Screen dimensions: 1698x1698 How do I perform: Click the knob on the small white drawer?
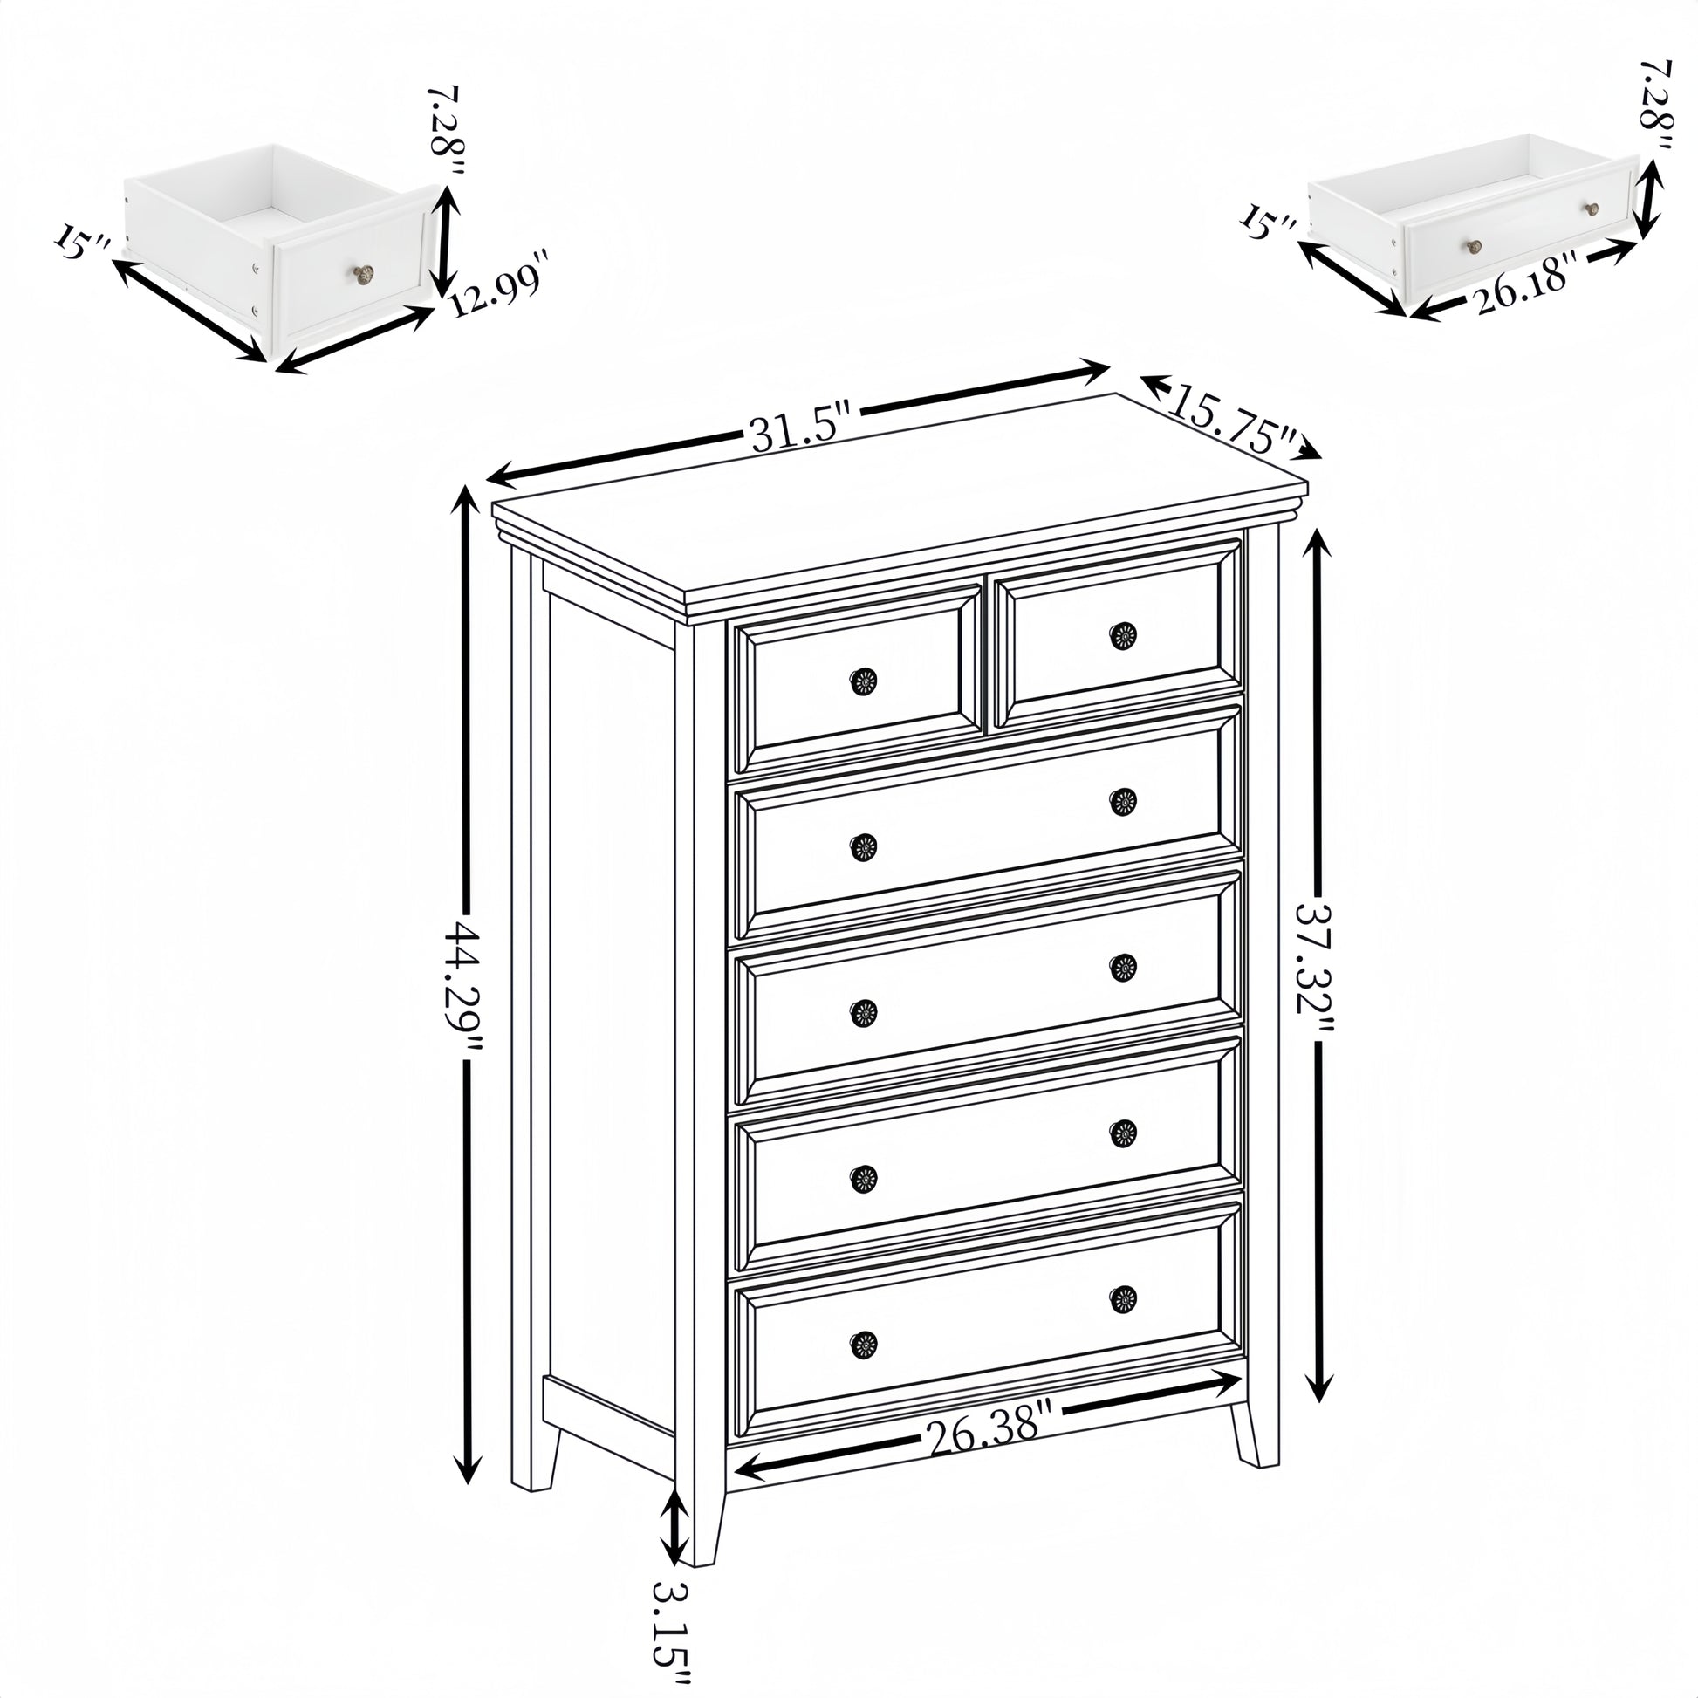pyautogui.click(x=364, y=275)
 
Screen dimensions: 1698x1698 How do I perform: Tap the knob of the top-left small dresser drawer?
pyautogui.click(x=863, y=681)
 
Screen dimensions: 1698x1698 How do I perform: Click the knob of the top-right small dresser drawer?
pyautogui.click(x=1122, y=635)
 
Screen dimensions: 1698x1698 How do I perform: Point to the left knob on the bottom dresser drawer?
pyautogui.click(x=863, y=1368)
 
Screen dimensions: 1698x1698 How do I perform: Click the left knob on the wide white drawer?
pyautogui.click(x=1474, y=246)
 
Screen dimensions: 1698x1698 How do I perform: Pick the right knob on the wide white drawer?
pyautogui.click(x=1592, y=209)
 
